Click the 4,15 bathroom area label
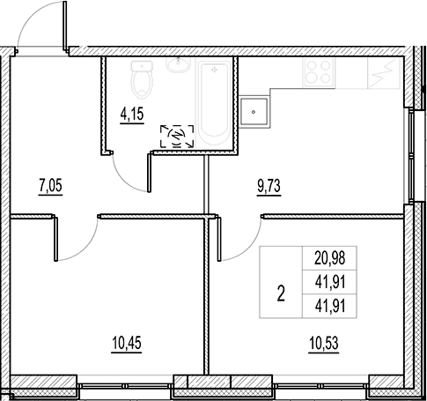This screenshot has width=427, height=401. tap(132, 115)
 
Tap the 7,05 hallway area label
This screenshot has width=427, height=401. tap(50, 186)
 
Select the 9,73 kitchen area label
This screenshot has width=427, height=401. tap(269, 186)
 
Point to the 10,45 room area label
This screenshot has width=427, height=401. tap(127, 343)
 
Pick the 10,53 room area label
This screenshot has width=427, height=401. tap(324, 343)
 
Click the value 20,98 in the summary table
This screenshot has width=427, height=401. tap(330, 258)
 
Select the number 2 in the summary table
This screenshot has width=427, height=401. tap(281, 293)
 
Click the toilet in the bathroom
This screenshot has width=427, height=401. tap(142, 79)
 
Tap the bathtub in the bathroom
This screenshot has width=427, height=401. tap(215, 102)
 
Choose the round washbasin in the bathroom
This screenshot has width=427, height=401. tap(178, 64)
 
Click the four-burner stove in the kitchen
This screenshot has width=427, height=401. tap(320, 72)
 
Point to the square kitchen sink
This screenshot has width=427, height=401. tap(254, 112)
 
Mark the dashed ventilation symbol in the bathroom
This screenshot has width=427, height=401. tap(177, 136)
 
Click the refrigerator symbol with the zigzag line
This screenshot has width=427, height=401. tap(384, 73)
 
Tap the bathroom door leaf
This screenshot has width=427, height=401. tap(149, 173)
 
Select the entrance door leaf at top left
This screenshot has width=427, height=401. tap(65, 25)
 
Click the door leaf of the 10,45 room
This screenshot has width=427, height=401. tap(56, 239)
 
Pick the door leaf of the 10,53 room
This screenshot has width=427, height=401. tap(219, 239)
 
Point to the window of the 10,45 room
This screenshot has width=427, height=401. tap(125, 386)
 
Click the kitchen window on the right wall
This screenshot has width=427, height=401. tap(410, 156)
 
